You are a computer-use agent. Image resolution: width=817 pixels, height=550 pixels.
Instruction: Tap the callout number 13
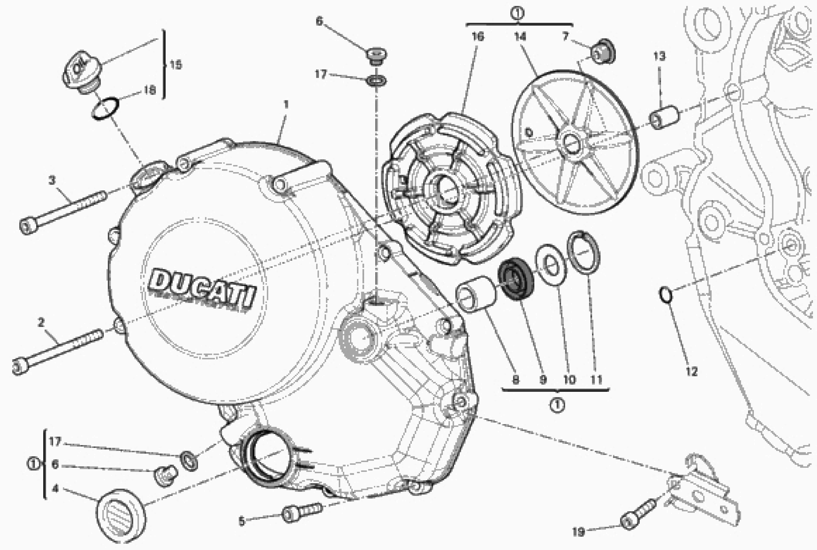pos(659,56)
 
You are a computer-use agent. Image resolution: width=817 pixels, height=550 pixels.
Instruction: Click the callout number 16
pos(478,36)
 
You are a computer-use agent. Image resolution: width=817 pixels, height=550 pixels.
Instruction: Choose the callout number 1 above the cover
pos(286,105)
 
